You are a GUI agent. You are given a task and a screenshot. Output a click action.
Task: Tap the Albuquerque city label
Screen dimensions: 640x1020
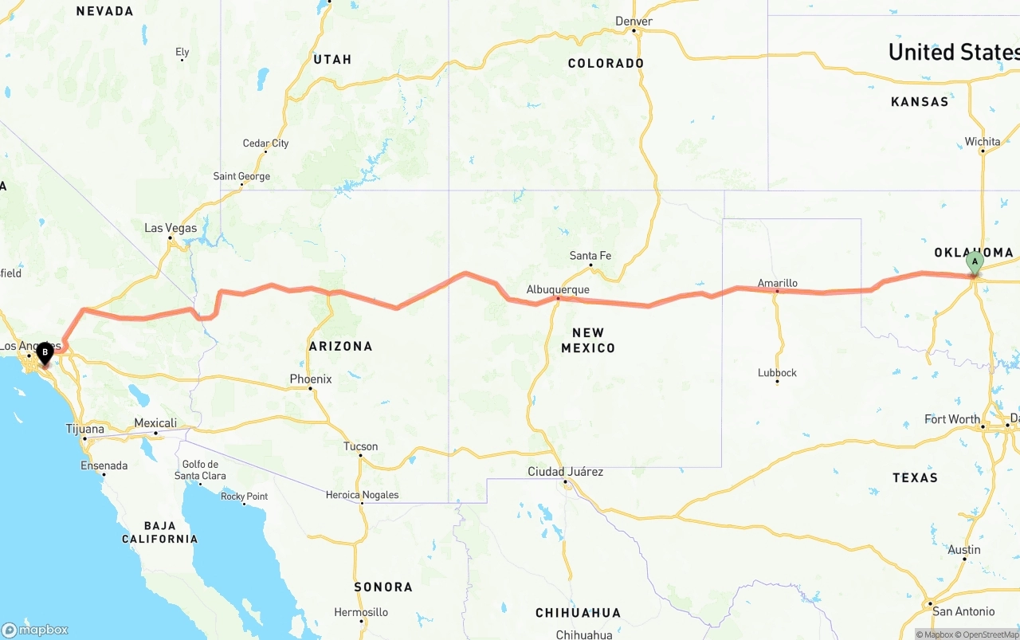pyautogui.click(x=558, y=289)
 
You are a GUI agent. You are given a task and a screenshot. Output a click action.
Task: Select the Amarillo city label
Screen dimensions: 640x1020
pyautogui.click(x=777, y=283)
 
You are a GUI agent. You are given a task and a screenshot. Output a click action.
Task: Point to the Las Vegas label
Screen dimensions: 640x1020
pyautogui.click(x=171, y=228)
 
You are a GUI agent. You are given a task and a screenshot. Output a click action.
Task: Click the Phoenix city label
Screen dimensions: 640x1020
pyautogui.click(x=311, y=379)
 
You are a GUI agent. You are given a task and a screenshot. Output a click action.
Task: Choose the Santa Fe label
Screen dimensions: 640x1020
pyautogui.click(x=590, y=256)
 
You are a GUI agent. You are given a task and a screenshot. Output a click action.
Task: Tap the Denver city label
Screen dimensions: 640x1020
pyautogui.click(x=634, y=21)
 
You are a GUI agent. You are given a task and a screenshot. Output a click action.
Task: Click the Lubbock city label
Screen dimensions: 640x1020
pyautogui.click(x=777, y=372)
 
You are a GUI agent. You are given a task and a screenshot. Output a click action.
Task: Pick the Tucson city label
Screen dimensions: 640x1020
pyautogui.click(x=360, y=446)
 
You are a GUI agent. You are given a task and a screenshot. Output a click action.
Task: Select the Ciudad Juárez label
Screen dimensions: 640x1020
pyautogui.click(x=565, y=472)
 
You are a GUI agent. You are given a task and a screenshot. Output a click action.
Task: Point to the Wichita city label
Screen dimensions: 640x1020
pyautogui.click(x=983, y=142)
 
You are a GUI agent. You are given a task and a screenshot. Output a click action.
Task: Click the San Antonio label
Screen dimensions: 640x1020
pyautogui.click(x=963, y=611)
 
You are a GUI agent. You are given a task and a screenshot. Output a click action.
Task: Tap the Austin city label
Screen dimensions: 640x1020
pyautogui.click(x=964, y=550)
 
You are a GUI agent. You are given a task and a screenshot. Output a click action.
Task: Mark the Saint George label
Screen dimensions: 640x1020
pyautogui.click(x=241, y=176)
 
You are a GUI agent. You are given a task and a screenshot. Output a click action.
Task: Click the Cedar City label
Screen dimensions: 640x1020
pyautogui.click(x=265, y=143)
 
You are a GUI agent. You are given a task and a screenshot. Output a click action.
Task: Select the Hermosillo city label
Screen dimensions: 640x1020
pyautogui.click(x=361, y=612)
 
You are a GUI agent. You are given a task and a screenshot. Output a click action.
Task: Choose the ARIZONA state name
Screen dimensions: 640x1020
pyautogui.click(x=340, y=346)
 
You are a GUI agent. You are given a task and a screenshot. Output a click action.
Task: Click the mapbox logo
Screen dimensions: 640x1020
pyautogui.click(x=35, y=630)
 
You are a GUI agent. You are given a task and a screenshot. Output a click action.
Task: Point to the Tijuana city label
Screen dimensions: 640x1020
pyautogui.click(x=84, y=429)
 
